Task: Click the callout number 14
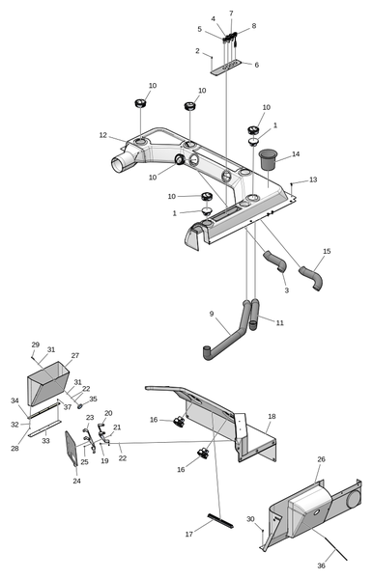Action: (x=296, y=154)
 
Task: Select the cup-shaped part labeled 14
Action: (x=268, y=159)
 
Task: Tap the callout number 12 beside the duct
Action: (x=102, y=135)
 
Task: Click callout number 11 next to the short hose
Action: (x=280, y=322)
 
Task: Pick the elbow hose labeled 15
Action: (x=311, y=278)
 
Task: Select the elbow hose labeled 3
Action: (x=275, y=262)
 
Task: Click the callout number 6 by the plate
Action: (x=256, y=65)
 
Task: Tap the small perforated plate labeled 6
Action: (x=226, y=68)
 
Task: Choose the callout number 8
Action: (x=254, y=26)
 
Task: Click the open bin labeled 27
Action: (x=48, y=384)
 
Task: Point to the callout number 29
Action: (x=35, y=345)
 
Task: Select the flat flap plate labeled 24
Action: (x=72, y=450)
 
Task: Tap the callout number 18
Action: (x=272, y=416)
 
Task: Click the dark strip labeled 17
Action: (x=220, y=521)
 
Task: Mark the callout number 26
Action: (x=321, y=459)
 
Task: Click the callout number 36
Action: (x=321, y=565)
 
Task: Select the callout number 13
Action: (x=313, y=179)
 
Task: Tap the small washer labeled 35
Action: (x=80, y=406)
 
